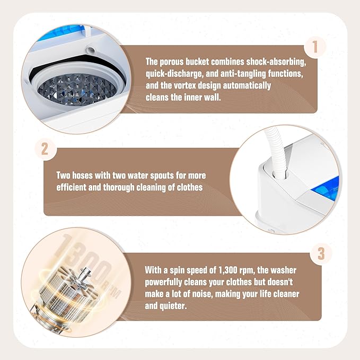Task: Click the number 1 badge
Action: (315, 47)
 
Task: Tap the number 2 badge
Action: (45, 150)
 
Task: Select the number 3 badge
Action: (321, 253)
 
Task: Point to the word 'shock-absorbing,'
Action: (276, 62)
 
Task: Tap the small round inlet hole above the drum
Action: (91, 50)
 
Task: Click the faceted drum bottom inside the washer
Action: (77, 90)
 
